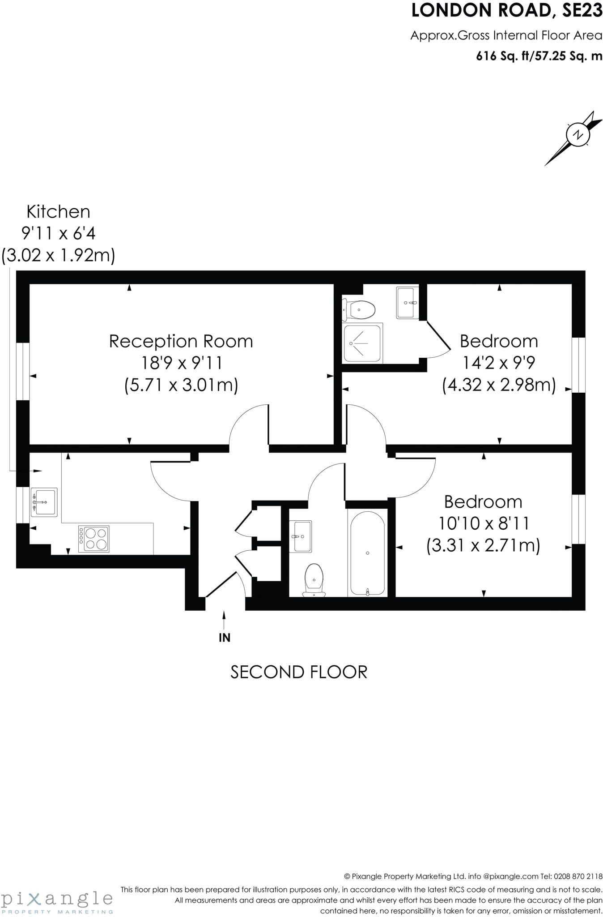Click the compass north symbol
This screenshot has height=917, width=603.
click(x=578, y=135)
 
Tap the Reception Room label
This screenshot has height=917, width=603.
click(x=181, y=342)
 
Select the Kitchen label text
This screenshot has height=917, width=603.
click(x=58, y=211)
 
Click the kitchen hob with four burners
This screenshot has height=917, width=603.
click(x=93, y=539)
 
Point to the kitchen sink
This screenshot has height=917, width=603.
click(x=44, y=502)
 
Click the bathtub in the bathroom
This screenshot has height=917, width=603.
click(x=367, y=553)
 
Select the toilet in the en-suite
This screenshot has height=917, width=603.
click(x=359, y=309)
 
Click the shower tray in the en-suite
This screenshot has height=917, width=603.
click(x=363, y=343)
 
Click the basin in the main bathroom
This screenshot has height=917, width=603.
click(x=301, y=536)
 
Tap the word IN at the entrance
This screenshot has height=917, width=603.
click(x=225, y=638)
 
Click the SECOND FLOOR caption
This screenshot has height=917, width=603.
click(x=299, y=672)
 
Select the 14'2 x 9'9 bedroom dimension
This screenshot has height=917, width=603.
click(x=499, y=363)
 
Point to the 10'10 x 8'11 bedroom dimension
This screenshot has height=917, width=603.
click(x=483, y=523)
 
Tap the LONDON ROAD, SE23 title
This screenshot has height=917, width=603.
click(x=507, y=11)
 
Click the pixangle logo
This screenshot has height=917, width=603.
click(x=57, y=899)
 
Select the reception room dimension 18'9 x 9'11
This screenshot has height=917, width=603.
click(x=181, y=363)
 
